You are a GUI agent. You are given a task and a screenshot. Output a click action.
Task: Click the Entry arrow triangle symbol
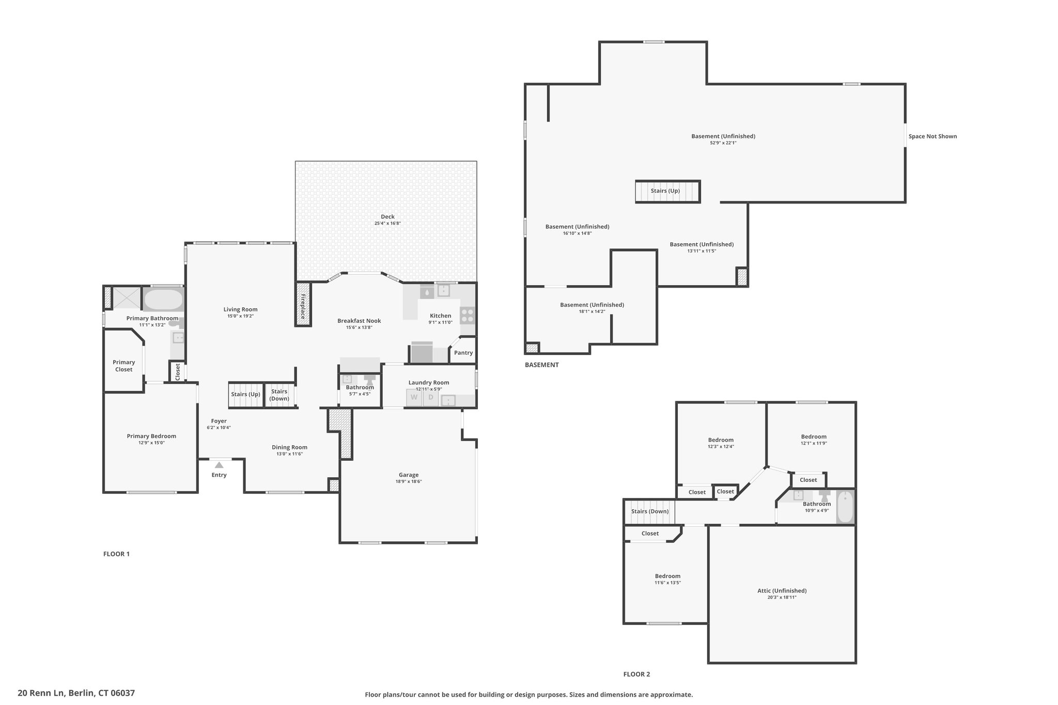(219, 465)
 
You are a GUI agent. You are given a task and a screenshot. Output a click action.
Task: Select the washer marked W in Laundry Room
(414, 398)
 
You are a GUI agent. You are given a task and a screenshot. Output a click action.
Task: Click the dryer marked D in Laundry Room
(430, 398)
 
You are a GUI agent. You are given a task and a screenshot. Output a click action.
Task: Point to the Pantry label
(463, 353)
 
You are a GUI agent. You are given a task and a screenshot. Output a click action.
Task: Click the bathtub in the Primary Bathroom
(163, 299)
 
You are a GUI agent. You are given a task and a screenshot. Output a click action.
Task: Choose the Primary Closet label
(124, 366)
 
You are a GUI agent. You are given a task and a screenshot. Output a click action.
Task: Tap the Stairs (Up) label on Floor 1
(246, 394)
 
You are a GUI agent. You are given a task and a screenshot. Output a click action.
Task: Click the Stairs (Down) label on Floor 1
(279, 395)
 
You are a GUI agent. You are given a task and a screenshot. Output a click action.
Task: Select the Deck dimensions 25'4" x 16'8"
(387, 224)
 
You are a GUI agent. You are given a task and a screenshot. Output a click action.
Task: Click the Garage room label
(409, 475)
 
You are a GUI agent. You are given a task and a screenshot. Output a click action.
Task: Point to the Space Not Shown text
(932, 136)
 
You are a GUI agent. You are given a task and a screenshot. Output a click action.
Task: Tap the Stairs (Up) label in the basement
(665, 191)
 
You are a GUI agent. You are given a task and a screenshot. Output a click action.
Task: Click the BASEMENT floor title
(542, 365)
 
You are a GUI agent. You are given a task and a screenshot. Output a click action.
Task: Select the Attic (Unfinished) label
(782, 590)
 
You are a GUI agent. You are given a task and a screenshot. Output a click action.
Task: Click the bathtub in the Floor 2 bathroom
(846, 507)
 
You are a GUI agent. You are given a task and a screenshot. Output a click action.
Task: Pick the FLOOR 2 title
(636, 674)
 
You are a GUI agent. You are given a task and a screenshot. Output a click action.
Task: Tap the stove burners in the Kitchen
(467, 315)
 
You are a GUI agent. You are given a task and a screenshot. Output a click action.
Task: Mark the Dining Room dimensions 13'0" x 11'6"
(289, 454)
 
